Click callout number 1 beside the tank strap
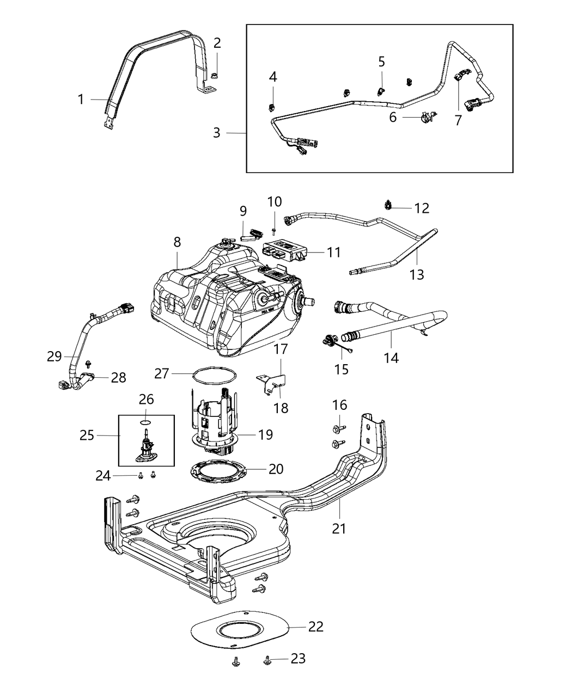pos(81,99)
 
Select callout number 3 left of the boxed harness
pos(217,132)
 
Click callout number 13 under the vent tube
pos(416,274)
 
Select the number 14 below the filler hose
pos(391,358)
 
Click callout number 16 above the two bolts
pos(339,405)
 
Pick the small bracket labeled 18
pos(271,383)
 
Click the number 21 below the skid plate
pos(339,528)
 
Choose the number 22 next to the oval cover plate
pos(315,627)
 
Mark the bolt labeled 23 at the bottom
pos(268,660)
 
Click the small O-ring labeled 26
pos(145,421)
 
